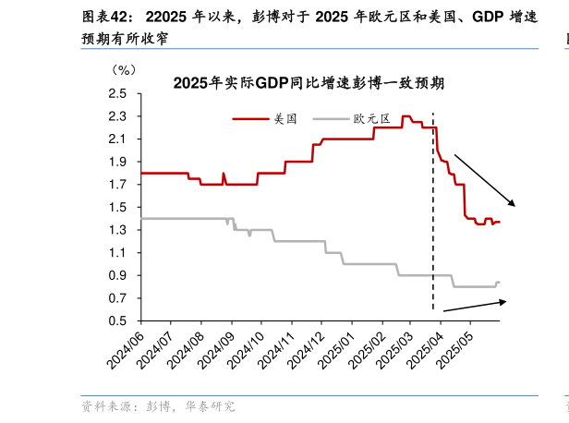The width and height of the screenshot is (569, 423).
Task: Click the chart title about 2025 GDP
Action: (309, 83)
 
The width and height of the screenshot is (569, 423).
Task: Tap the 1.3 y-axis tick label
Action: (118, 230)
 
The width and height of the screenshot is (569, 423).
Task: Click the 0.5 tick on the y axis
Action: (118, 321)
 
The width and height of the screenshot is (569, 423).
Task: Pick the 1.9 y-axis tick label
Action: (118, 162)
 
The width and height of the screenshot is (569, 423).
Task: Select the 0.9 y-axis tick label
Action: (118, 275)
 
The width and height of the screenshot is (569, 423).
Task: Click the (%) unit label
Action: (123, 69)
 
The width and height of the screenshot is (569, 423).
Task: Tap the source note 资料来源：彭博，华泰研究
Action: (158, 405)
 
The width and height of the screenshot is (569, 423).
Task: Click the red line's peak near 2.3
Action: (406, 116)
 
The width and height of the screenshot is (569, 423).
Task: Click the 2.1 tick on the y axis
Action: (118, 139)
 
